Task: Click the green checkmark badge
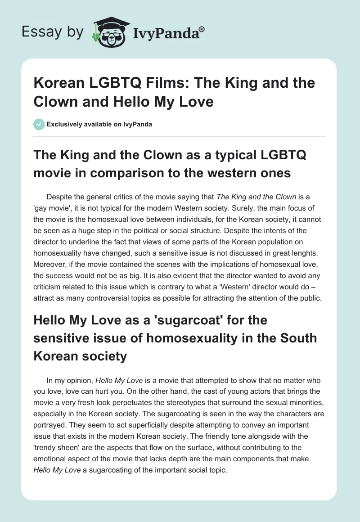(39, 124)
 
